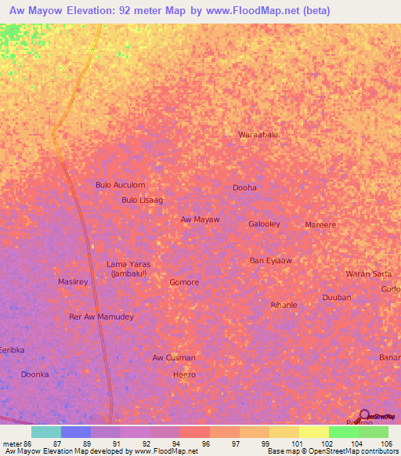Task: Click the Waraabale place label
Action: click(x=258, y=135)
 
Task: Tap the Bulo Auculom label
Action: click(x=120, y=185)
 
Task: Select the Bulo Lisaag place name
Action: click(x=142, y=201)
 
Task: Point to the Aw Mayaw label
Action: click(x=200, y=219)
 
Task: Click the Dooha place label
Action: click(x=244, y=188)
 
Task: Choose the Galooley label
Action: click(x=264, y=224)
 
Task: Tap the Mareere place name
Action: click(x=320, y=225)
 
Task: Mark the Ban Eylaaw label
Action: click(x=270, y=260)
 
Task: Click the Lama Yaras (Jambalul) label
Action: click(x=128, y=269)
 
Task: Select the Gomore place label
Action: click(x=184, y=282)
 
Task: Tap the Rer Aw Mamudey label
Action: click(x=102, y=317)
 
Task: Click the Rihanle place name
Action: click(x=284, y=305)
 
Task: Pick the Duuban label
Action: click(x=337, y=298)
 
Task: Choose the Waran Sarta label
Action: click(x=369, y=273)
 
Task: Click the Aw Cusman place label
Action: click(x=174, y=358)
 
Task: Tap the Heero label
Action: click(x=184, y=375)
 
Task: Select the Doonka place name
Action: click(x=34, y=375)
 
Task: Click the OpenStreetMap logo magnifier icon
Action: click(x=364, y=415)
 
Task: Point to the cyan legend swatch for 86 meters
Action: click(x=46, y=432)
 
